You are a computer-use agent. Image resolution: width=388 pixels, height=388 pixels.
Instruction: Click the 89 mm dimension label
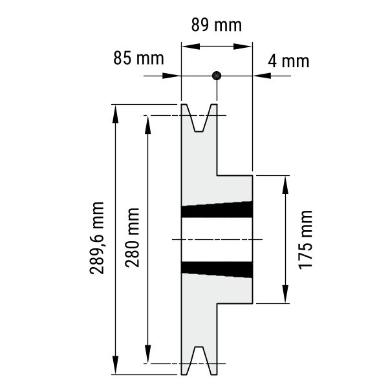click(216, 25)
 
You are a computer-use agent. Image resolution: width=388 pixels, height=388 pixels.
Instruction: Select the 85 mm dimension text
click(138, 58)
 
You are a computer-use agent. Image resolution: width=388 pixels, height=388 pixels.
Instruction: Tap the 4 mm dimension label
click(288, 61)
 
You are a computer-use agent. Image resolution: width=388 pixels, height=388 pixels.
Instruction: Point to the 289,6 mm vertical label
click(97, 238)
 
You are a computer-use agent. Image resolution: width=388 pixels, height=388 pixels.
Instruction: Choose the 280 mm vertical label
click(132, 237)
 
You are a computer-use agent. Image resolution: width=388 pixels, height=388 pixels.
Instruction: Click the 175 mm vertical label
click(306, 240)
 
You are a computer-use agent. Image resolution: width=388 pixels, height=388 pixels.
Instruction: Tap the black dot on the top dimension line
click(217, 76)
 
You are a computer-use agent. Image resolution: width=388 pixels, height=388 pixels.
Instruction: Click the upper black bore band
click(217, 210)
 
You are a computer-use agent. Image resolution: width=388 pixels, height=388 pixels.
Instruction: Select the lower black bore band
click(217, 270)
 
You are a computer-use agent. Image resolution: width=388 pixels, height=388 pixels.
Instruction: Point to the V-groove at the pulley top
click(199, 118)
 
